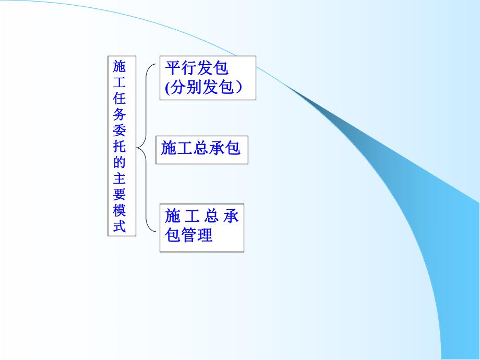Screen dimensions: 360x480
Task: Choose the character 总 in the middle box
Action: click(201, 148)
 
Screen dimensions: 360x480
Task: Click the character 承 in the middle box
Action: click(217, 148)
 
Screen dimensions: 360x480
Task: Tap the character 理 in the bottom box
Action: click(205, 235)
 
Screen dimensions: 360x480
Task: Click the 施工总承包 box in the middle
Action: click(201, 149)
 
